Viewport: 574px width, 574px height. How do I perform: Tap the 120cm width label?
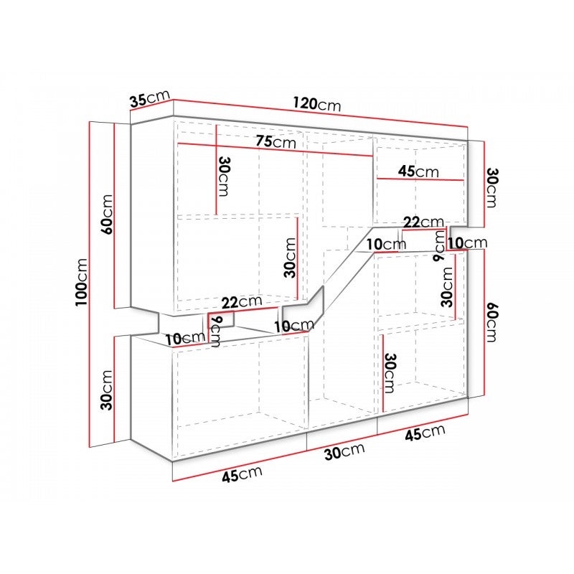317,103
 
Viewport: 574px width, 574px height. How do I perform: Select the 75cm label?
276,141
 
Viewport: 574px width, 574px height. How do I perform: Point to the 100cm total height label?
81,282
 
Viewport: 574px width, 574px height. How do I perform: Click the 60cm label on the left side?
107,215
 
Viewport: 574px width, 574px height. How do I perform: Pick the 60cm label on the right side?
491,321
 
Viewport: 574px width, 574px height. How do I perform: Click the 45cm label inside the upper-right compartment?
418,171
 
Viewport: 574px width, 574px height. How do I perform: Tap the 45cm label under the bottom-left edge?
242,474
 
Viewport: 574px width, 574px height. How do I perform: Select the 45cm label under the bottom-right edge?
425,433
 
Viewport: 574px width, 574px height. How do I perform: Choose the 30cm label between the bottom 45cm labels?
344,452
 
